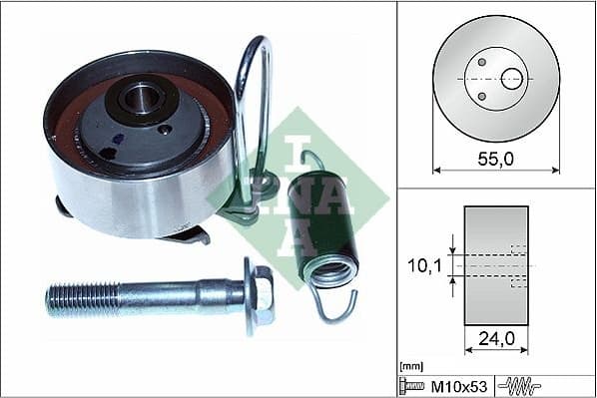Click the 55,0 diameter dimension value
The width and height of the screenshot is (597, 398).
494,158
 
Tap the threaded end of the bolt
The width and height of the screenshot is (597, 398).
80,296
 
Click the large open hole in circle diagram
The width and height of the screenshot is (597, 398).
512,78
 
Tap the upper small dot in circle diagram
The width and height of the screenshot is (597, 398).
481,62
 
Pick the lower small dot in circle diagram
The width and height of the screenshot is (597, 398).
481,96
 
